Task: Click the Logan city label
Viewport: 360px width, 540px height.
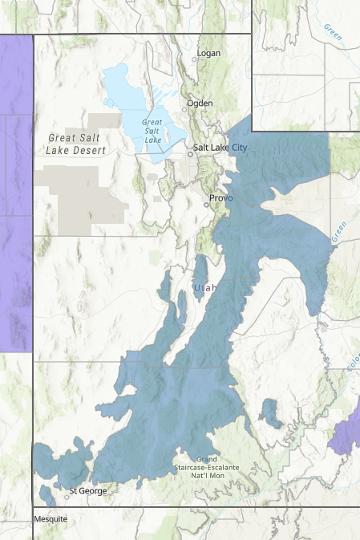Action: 210,54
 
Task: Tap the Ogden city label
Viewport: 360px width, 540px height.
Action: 200,103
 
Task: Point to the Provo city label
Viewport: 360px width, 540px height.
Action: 220,197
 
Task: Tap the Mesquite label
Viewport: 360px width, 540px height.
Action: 51,519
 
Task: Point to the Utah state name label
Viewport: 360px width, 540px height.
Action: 205,286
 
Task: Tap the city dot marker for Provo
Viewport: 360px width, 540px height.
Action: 206,204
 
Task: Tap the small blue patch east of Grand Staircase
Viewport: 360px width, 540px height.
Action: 269,413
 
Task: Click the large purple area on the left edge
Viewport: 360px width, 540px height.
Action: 15,193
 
